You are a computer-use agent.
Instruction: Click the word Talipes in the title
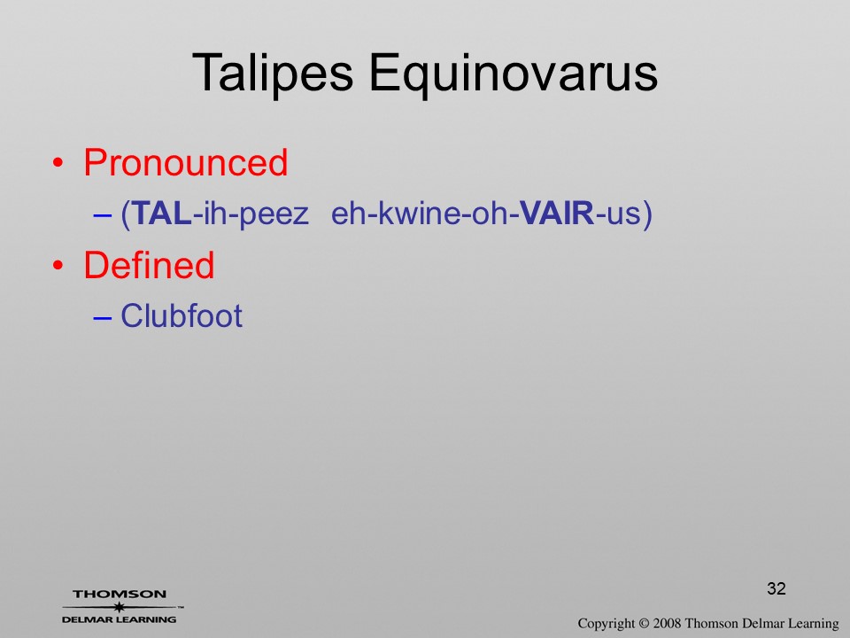[x=273, y=74]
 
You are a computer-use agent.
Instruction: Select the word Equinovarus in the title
[x=514, y=74]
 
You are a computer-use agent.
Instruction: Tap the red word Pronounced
[x=185, y=162]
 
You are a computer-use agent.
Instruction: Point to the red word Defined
[x=149, y=265]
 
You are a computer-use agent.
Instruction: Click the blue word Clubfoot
[x=181, y=315]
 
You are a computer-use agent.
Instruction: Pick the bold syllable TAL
[x=161, y=213]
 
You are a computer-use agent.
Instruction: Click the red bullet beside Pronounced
[x=58, y=163]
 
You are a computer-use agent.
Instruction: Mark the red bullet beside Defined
[x=58, y=266]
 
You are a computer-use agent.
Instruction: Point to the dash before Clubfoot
[x=102, y=317]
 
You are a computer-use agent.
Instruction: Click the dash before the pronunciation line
[x=102, y=214]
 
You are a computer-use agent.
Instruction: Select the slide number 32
[x=777, y=588]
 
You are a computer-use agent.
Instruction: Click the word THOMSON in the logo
[x=120, y=594]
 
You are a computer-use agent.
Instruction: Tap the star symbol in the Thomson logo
[x=120, y=607]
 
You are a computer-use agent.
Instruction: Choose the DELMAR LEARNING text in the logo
[x=120, y=619]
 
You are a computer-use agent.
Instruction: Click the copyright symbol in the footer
[x=644, y=624]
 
